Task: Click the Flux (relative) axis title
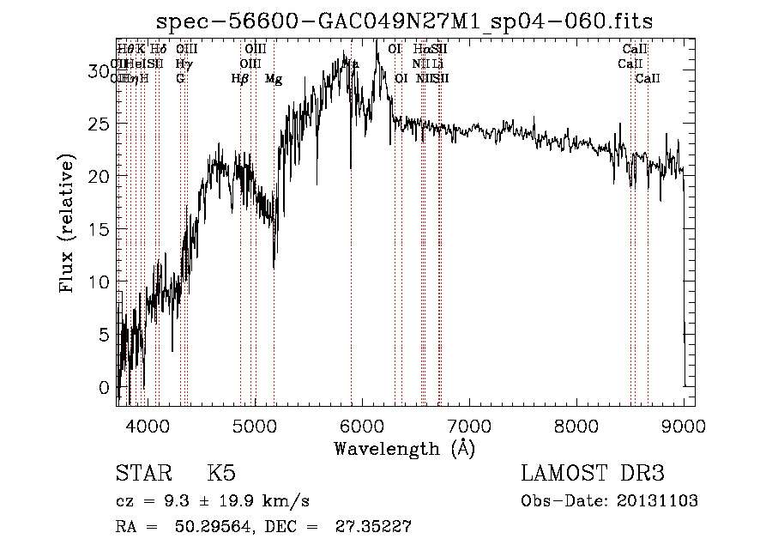coord(68,223)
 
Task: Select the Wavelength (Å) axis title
coord(404,447)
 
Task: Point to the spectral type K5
coord(221,474)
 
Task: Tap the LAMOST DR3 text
coord(593,474)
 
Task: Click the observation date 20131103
coord(663,501)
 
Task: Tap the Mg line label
coord(273,79)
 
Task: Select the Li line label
coord(437,64)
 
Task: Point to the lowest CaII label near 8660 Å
coord(648,79)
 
